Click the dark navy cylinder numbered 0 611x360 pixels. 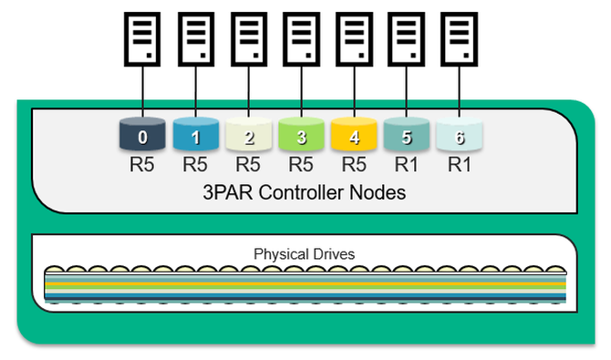click(142, 134)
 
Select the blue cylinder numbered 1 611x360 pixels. click(196, 134)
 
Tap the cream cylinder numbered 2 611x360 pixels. click(249, 134)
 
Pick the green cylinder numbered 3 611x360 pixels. click(301, 134)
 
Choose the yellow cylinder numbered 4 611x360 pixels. click(354, 134)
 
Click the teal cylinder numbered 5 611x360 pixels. click(407, 134)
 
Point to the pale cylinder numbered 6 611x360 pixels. click(460, 134)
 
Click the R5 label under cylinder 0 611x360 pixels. click(142, 164)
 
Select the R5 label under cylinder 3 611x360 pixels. click(300, 164)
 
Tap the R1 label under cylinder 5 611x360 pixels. click(406, 164)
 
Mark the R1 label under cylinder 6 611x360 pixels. click(459, 164)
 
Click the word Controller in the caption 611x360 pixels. click(301, 192)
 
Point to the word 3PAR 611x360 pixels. click(228, 192)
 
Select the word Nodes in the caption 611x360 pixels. click(378, 192)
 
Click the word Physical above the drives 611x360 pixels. click(278, 254)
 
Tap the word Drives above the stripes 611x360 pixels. click(330, 254)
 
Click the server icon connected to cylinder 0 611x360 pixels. click(142, 39)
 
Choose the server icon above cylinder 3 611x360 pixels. click(301, 39)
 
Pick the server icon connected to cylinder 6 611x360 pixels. click(460, 39)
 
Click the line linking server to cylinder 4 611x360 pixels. click(354, 91)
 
